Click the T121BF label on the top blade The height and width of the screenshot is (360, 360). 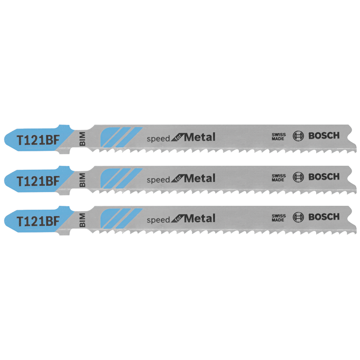click(x=38, y=140)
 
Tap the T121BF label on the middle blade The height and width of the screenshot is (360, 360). click(x=38, y=181)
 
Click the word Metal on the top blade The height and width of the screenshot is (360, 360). click(x=199, y=137)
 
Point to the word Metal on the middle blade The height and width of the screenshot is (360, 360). click(x=199, y=178)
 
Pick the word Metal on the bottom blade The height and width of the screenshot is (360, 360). click(x=199, y=218)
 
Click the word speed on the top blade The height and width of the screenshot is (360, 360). click(x=158, y=139)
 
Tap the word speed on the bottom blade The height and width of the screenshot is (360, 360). click(x=158, y=220)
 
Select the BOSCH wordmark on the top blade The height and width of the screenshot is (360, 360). click(x=324, y=136)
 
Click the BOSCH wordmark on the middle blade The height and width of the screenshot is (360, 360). click(x=324, y=177)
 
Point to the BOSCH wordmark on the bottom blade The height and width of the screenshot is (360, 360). click(x=324, y=217)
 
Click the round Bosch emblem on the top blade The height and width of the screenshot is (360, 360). click(x=298, y=136)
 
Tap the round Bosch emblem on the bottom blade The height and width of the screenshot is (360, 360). click(x=298, y=217)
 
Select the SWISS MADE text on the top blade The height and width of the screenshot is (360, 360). click(x=278, y=136)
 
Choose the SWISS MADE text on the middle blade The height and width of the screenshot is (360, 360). click(x=278, y=177)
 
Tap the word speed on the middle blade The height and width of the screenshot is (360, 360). click(x=158, y=180)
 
